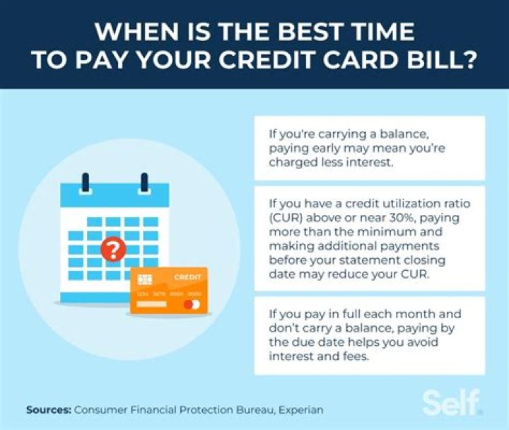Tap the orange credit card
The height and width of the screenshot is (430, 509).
(x=168, y=290)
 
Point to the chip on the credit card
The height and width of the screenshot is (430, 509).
(x=146, y=279)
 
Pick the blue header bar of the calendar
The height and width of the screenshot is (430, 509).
(x=115, y=196)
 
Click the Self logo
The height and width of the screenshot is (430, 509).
(x=452, y=402)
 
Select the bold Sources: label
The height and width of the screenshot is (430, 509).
(x=48, y=409)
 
